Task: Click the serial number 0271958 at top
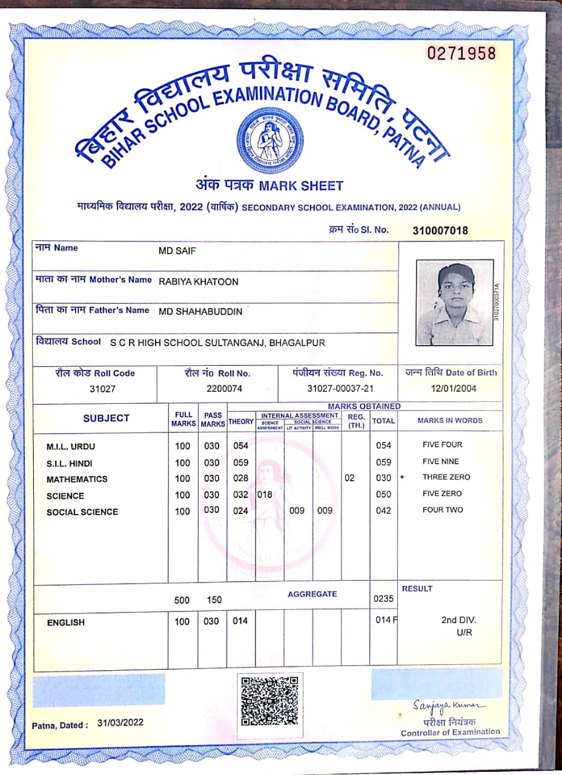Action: [461, 53]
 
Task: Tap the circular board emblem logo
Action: [269, 140]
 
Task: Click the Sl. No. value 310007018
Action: [440, 231]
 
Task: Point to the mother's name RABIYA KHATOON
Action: [199, 282]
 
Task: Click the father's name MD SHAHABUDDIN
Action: [200, 312]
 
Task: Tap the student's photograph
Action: [455, 302]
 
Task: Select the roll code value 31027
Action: [93, 389]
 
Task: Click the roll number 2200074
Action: [224, 389]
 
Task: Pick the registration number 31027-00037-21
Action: [340, 389]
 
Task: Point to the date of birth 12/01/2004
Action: [454, 389]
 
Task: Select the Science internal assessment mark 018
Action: [265, 495]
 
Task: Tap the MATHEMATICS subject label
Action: [77, 480]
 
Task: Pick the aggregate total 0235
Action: [383, 599]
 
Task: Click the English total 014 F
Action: [385, 620]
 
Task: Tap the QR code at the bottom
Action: [269, 701]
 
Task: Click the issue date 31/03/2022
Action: [120, 722]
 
